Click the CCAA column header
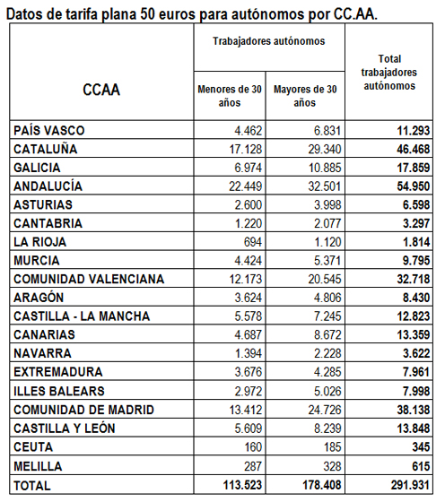[x=101, y=90]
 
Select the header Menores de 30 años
[x=230, y=96]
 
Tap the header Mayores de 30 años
[x=305, y=96]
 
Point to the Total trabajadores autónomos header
[x=389, y=73]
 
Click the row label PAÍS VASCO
[x=49, y=131]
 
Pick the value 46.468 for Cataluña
[x=414, y=149]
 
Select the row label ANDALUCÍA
[x=48, y=186]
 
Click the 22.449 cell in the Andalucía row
[x=246, y=186]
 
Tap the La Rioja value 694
[x=253, y=242]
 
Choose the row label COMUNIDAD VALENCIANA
[x=89, y=279]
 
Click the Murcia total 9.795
[x=416, y=261]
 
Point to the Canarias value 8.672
[x=327, y=335]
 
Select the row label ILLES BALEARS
[x=59, y=391]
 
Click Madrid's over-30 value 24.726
[x=325, y=410]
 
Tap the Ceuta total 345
[x=421, y=447]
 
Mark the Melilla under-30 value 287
[x=253, y=466]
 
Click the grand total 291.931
[x=410, y=485]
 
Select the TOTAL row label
[x=32, y=486]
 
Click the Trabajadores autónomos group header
[x=269, y=41]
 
